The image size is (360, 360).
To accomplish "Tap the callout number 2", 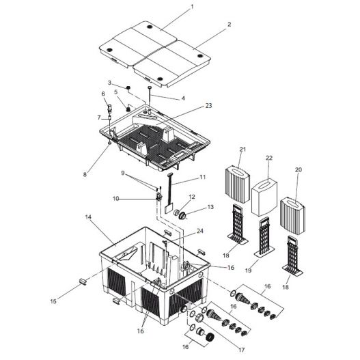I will click(229, 24).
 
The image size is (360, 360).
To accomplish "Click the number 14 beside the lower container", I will click(89, 217).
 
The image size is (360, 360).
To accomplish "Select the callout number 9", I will click(123, 173).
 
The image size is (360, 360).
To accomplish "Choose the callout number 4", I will click(182, 98).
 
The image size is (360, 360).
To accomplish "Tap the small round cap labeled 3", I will click(128, 90).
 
